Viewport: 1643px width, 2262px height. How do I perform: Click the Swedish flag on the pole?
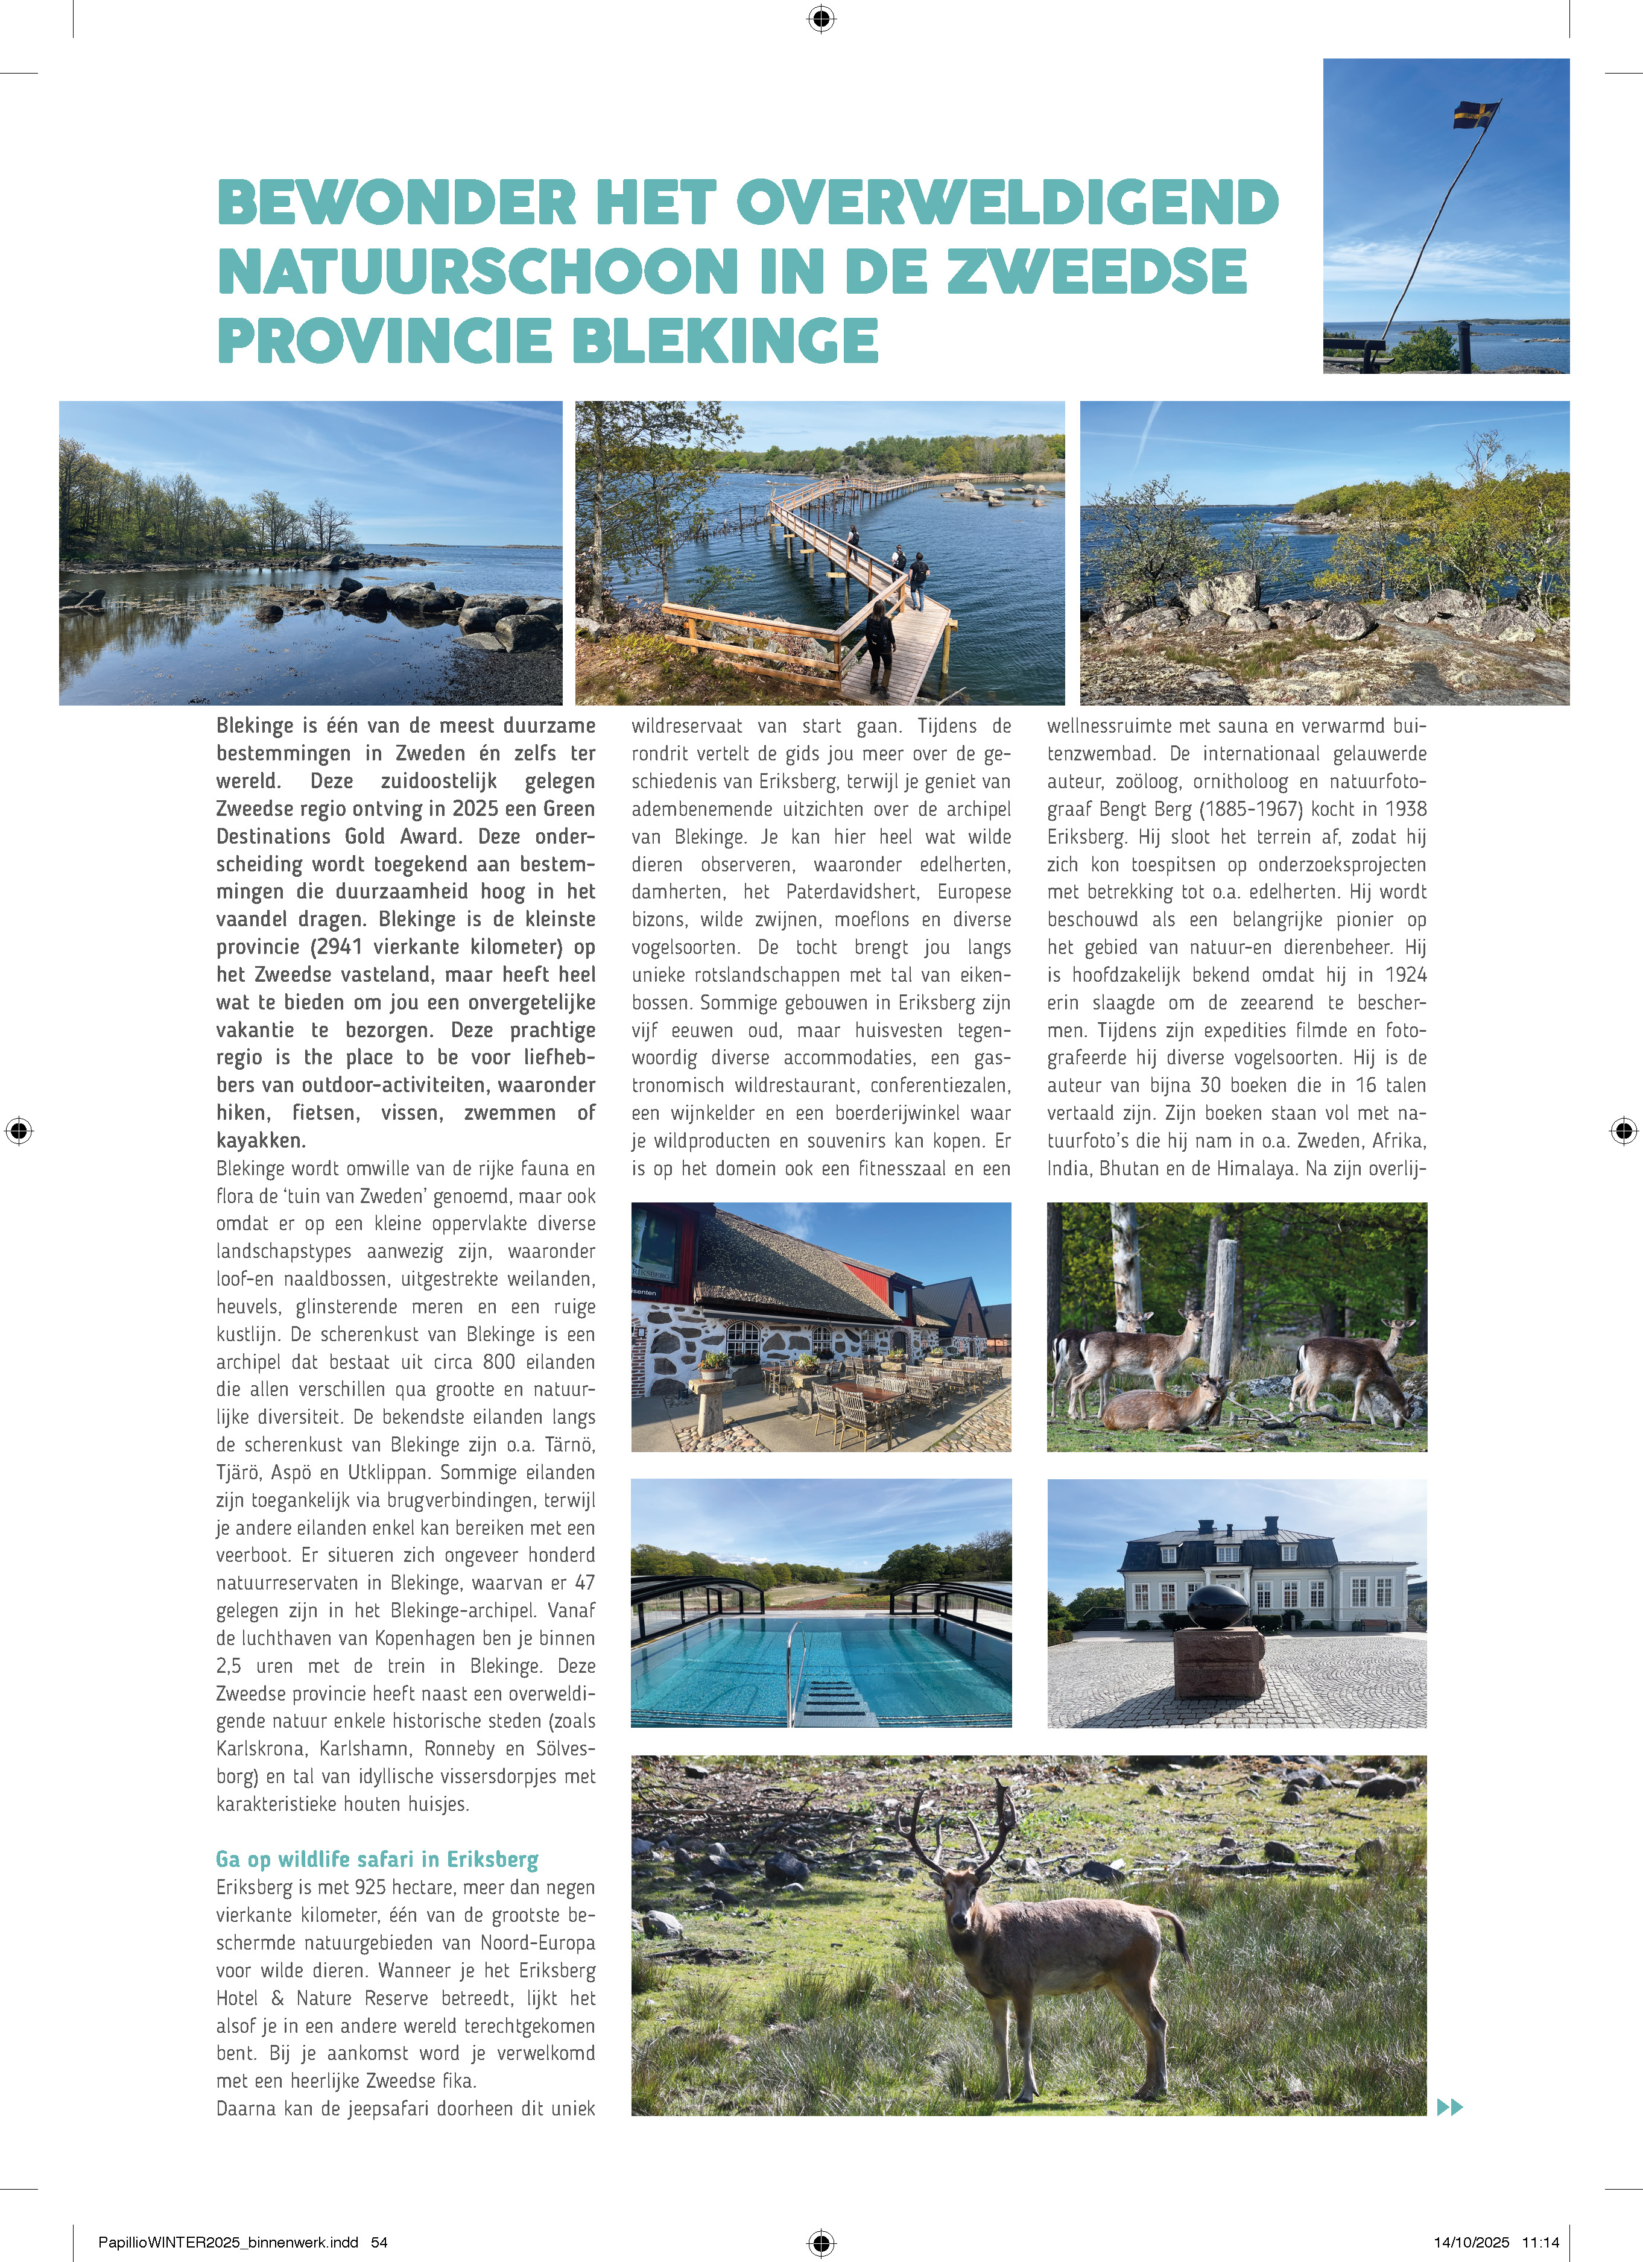click(x=1474, y=115)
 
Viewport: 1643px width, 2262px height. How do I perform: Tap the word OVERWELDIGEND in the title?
click(x=1007, y=203)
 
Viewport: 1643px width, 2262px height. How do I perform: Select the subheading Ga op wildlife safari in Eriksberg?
click(x=377, y=1859)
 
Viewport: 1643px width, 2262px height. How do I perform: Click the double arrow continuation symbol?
click(x=1449, y=2108)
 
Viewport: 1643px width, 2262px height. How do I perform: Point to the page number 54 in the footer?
click(x=379, y=2242)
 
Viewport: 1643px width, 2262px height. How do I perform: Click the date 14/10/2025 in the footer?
click(x=1472, y=2242)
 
